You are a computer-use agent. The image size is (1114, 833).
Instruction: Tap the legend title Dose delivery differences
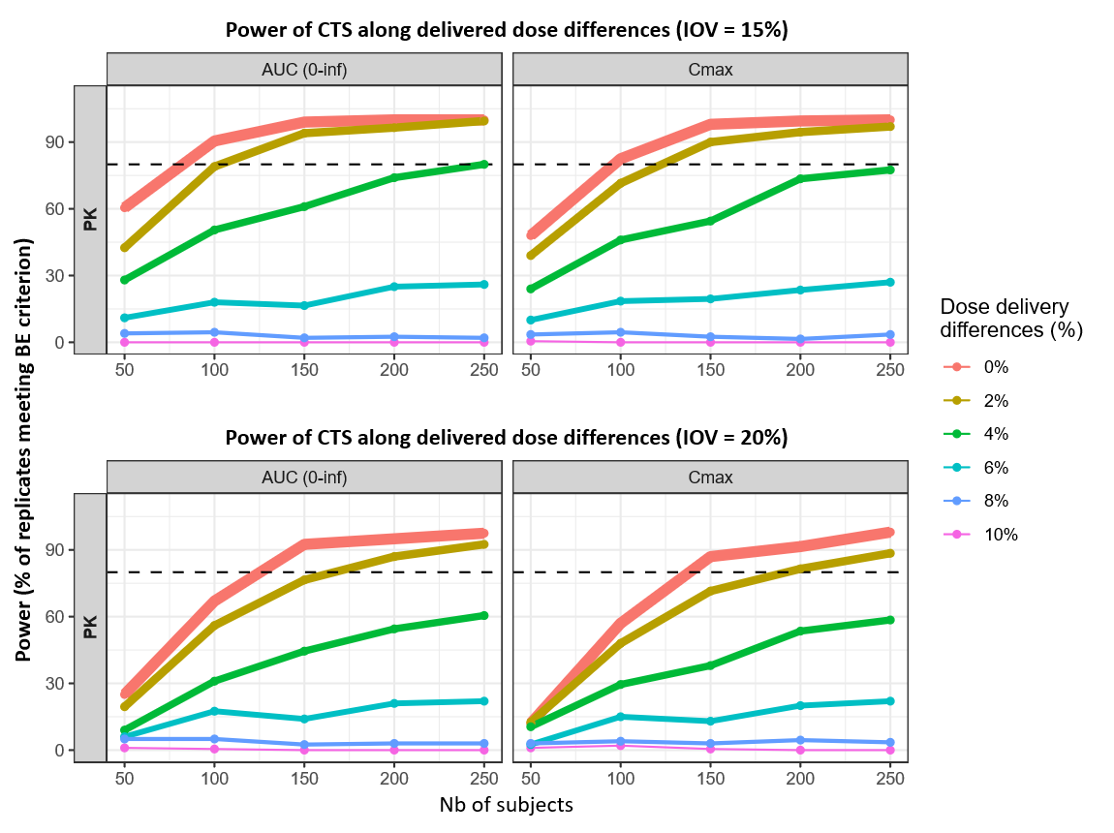point(1011,318)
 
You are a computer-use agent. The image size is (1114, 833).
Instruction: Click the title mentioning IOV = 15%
point(507,29)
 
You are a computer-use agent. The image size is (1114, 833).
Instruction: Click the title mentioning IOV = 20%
point(507,437)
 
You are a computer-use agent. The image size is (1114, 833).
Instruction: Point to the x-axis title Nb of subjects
point(507,805)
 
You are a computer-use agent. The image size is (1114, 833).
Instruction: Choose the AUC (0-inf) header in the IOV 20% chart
point(304,477)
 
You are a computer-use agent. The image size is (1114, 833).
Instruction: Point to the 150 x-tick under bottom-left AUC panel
point(304,777)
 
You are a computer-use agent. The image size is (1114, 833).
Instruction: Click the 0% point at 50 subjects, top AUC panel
point(125,207)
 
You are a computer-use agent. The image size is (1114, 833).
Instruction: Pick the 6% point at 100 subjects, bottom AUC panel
point(214,711)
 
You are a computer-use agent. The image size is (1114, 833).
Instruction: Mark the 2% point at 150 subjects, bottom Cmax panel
point(710,591)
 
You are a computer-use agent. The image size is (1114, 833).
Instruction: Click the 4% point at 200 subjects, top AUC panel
point(394,177)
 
